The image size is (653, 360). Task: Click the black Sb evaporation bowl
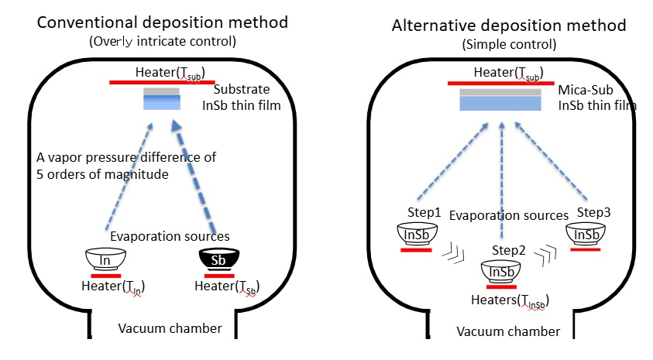pyautogui.click(x=219, y=259)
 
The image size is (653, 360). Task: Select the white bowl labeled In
pyautogui.click(x=105, y=259)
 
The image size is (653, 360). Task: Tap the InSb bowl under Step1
pyautogui.click(x=417, y=235)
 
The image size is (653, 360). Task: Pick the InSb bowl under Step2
pyautogui.click(x=500, y=272)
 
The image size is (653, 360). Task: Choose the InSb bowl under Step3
pyautogui.click(x=586, y=235)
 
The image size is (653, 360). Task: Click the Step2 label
pyautogui.click(x=508, y=250)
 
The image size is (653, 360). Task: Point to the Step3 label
pyautogui.click(x=593, y=212)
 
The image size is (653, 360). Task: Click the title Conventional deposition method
pyautogui.click(x=163, y=22)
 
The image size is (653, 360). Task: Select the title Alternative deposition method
pyautogui.click(x=509, y=26)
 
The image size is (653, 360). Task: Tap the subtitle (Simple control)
pyautogui.click(x=509, y=45)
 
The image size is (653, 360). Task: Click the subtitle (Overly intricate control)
pyautogui.click(x=163, y=41)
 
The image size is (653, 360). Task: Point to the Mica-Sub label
pyautogui.click(x=585, y=90)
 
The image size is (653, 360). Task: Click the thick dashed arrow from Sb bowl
pyautogui.click(x=195, y=177)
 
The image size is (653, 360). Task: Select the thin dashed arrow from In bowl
pyautogui.click(x=129, y=176)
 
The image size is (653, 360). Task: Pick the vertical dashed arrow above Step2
pyautogui.click(x=502, y=180)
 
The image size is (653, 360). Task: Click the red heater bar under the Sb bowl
pyautogui.click(x=219, y=276)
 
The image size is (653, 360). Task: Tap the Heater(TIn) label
pyautogui.click(x=113, y=286)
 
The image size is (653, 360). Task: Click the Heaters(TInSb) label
pyautogui.click(x=510, y=300)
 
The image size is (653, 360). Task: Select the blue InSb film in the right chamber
pyautogui.click(x=500, y=104)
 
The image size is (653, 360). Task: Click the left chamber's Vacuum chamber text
pyautogui.click(x=170, y=328)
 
